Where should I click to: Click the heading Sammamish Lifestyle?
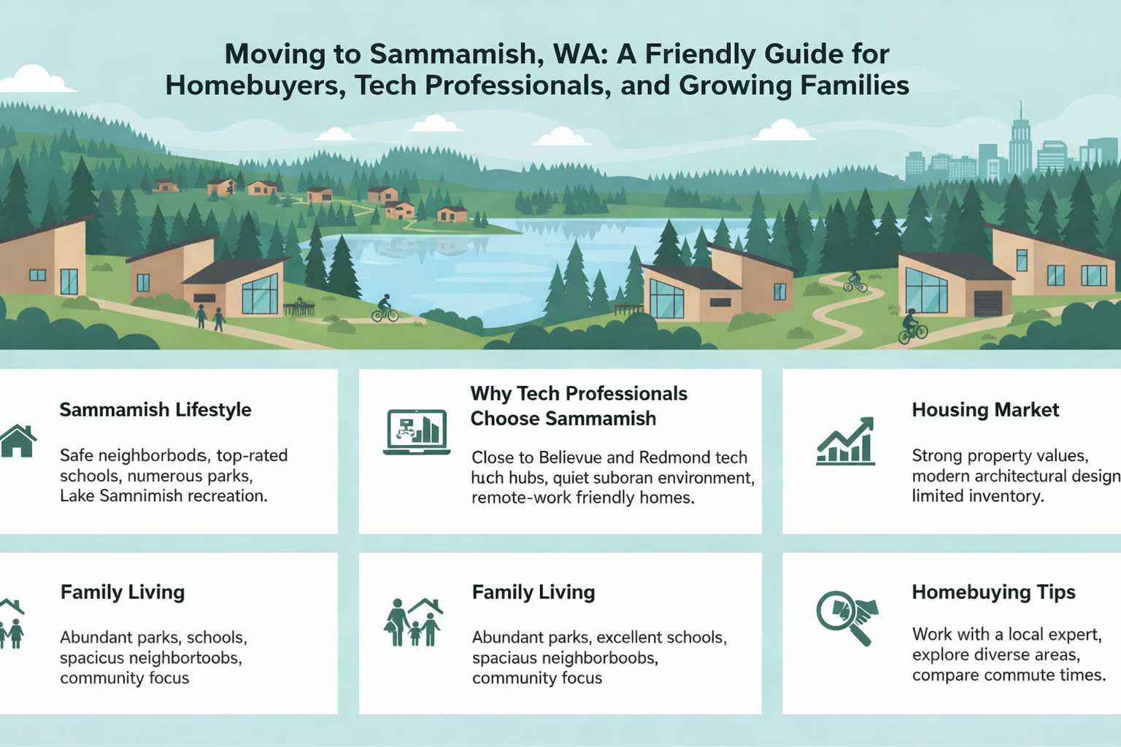[155, 410]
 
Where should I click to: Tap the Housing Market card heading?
[985, 410]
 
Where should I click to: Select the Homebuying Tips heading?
[993, 592]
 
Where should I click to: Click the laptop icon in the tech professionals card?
[416, 432]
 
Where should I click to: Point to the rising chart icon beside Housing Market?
[846, 442]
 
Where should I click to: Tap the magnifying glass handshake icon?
[847, 616]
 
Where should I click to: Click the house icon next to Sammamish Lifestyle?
[18, 441]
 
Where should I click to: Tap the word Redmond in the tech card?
[673, 458]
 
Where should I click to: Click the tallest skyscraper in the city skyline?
[1020, 142]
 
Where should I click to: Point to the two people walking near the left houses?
[209, 317]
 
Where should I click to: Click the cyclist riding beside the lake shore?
[385, 309]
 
